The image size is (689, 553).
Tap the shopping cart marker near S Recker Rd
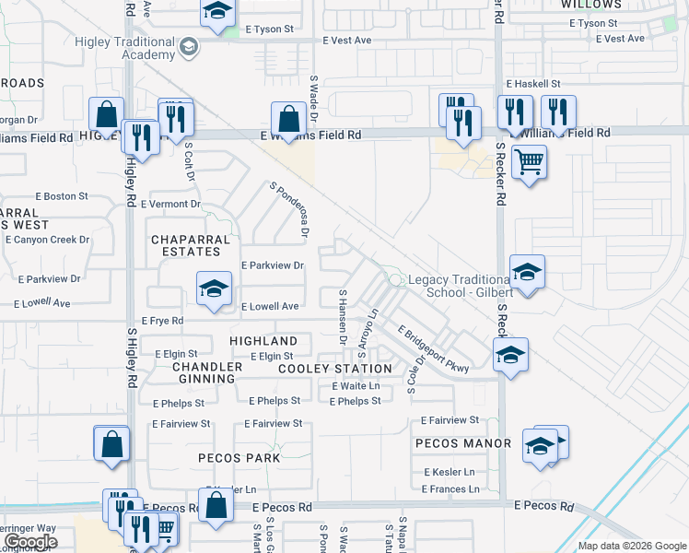point(529,163)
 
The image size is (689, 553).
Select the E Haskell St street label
point(533,83)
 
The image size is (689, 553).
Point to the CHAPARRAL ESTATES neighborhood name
point(187,244)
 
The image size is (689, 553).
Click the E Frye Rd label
point(161,321)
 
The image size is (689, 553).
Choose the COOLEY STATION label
point(335,369)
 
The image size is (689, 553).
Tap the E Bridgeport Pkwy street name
point(433,348)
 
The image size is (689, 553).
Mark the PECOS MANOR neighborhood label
point(463,443)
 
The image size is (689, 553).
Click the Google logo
point(31,542)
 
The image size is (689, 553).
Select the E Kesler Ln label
point(450,472)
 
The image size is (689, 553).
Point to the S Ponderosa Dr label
point(287,209)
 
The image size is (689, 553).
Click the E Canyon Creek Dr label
point(47,240)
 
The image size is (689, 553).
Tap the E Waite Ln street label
point(356,386)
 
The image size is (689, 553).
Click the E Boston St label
point(62,196)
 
